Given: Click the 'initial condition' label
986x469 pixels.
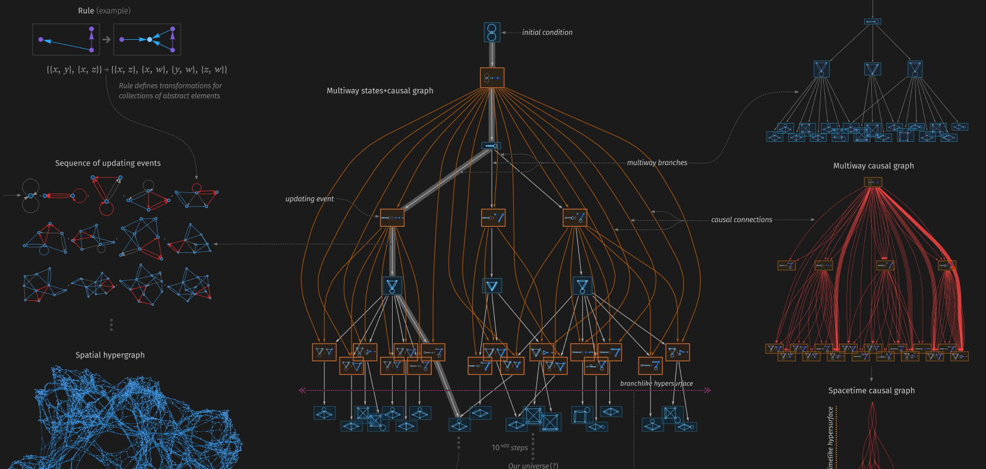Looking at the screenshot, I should [547, 33].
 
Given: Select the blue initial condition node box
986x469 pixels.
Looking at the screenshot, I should [492, 32].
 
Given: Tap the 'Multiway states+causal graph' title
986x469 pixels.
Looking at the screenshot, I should [380, 91].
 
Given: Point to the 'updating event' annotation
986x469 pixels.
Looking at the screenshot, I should [309, 199].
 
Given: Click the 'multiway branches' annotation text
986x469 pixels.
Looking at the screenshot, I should [657, 163].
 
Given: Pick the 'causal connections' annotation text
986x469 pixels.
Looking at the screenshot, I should [741, 220].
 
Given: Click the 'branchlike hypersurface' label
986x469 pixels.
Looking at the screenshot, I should [656, 384].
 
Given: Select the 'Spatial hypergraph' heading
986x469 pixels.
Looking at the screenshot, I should [110, 355].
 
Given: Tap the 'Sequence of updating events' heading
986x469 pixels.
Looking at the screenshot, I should [108, 163].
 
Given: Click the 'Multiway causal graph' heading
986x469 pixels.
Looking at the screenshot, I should [873, 166].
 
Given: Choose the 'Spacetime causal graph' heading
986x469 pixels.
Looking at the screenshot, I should [871, 391].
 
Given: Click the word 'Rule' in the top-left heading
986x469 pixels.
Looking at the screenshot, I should [86, 11].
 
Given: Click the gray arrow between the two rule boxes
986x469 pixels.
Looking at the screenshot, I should [106, 40].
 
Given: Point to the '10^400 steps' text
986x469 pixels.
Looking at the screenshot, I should [510, 448].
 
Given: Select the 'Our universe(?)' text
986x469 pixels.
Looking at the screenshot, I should [533, 465].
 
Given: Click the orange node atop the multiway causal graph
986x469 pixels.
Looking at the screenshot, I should [873, 182].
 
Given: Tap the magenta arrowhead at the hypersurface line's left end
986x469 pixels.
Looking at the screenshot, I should [302, 390].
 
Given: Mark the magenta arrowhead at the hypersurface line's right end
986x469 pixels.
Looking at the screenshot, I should [707, 390].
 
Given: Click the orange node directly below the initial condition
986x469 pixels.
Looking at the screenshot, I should [492, 78].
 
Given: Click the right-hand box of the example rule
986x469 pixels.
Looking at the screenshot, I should [147, 40].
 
